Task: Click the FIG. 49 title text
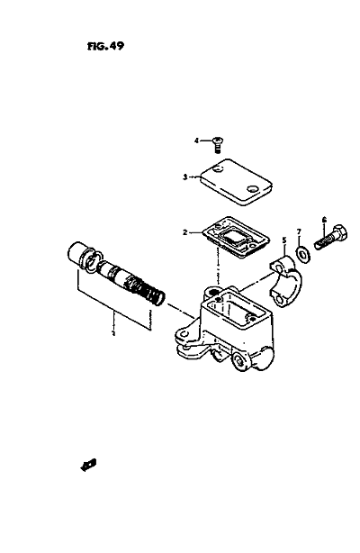tap(106, 46)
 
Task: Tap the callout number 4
tap(196, 141)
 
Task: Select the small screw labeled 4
tap(218, 144)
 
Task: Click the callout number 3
tap(185, 177)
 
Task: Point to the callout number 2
tap(185, 232)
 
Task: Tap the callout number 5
tap(283, 240)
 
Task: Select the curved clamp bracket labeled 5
tap(285, 280)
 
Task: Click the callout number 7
tap(299, 231)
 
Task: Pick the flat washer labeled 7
tap(302, 254)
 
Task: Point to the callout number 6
tap(324, 220)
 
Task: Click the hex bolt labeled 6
tap(330, 237)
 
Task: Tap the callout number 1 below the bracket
tap(113, 333)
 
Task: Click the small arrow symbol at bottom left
tap(88, 465)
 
